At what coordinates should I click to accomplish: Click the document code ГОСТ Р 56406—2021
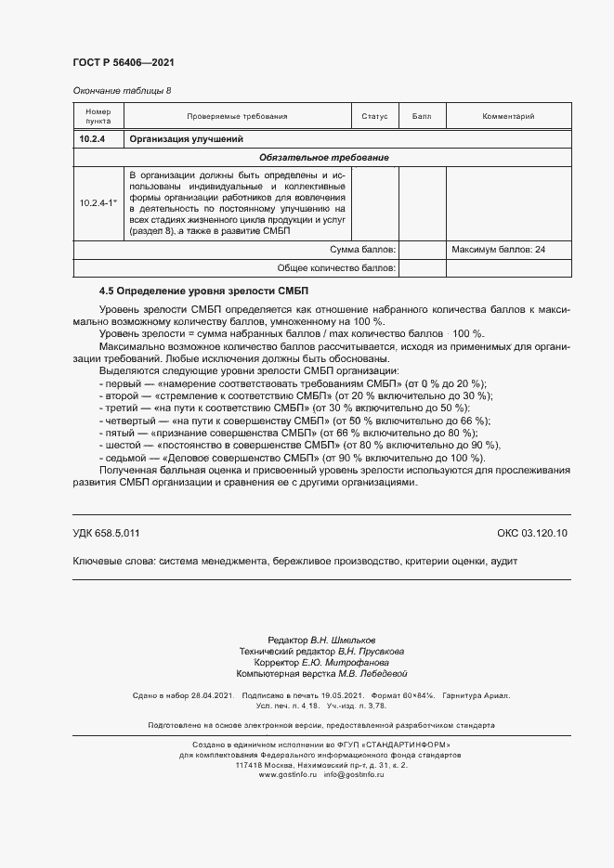124,62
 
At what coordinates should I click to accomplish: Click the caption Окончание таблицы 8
122,91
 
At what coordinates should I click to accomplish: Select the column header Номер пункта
98,116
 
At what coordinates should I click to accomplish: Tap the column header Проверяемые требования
237,117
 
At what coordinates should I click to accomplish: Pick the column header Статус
374,117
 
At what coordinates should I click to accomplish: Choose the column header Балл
422,117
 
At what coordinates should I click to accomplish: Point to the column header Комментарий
508,117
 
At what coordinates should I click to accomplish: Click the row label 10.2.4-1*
98,202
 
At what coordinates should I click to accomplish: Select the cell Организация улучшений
186,139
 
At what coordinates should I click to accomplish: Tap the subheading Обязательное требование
322,158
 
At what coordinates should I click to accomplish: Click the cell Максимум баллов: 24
498,250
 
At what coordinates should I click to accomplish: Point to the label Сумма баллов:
363,250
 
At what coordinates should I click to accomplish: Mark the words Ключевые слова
112,563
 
